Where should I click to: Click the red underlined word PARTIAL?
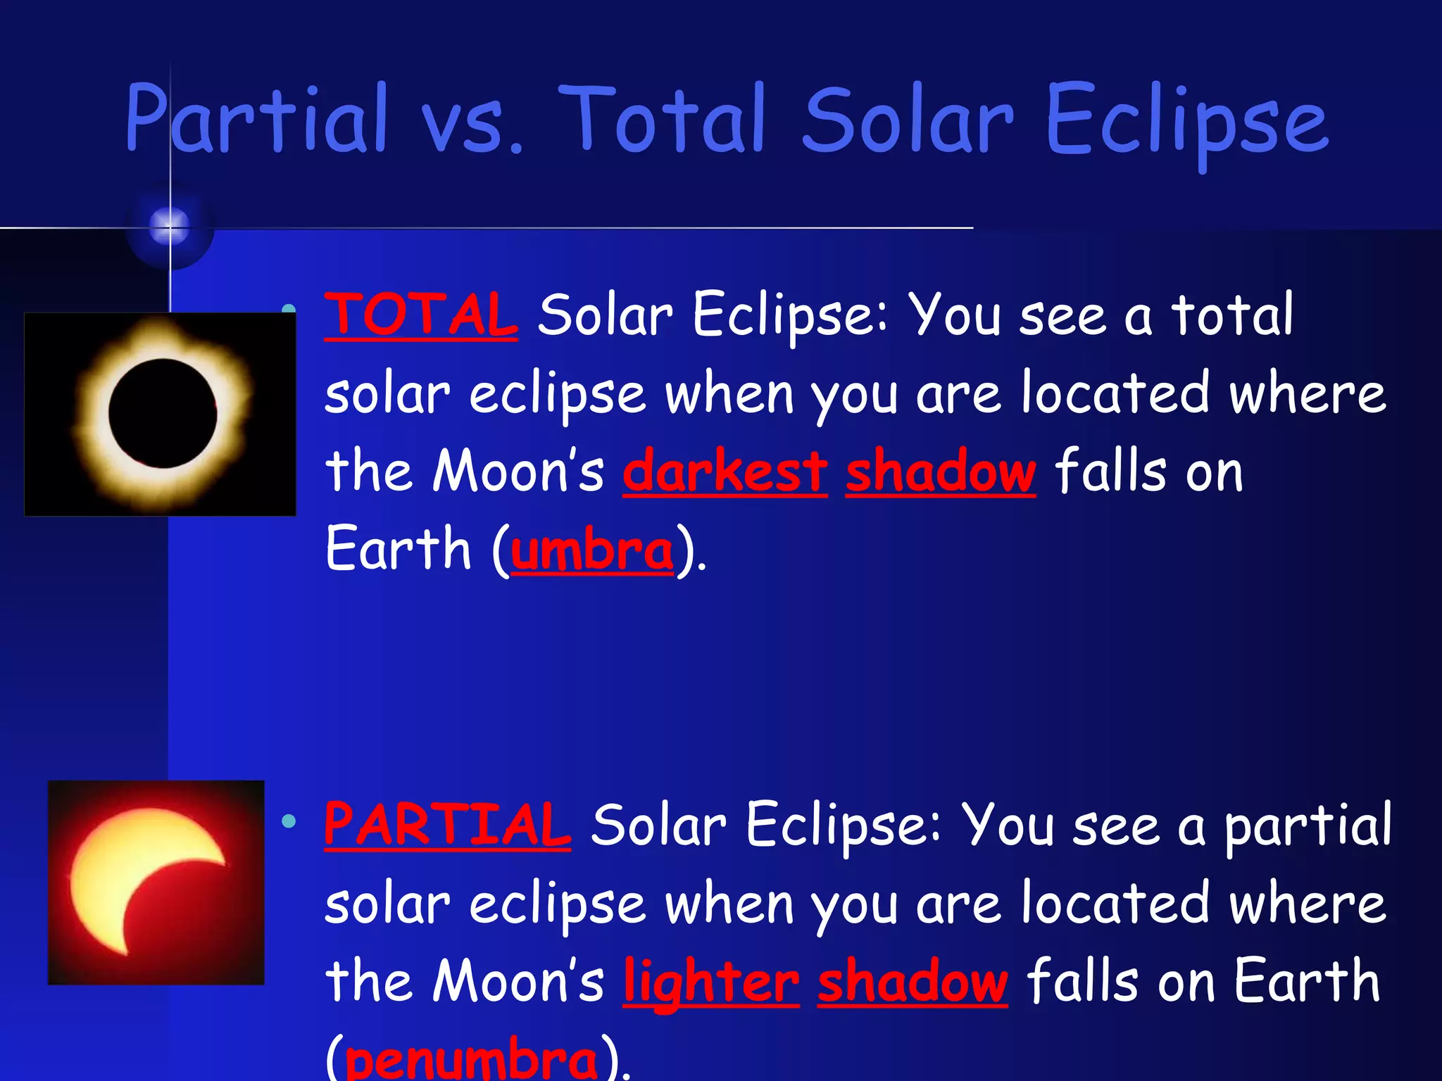tap(447, 825)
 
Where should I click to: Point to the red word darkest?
tap(725, 471)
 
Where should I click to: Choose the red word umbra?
tap(592, 550)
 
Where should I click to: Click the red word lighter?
tap(711, 982)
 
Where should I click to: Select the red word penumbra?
tap(471, 1059)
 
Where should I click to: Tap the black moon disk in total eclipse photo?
tap(163, 413)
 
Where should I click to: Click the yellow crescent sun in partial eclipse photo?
tap(120, 880)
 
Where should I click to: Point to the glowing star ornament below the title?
tap(170, 227)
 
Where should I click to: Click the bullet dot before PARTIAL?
tap(288, 821)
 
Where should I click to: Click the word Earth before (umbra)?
tap(398, 549)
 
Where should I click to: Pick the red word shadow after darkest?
tap(941, 471)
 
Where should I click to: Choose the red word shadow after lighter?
tap(913, 982)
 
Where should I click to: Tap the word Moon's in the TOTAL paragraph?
tap(518, 471)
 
